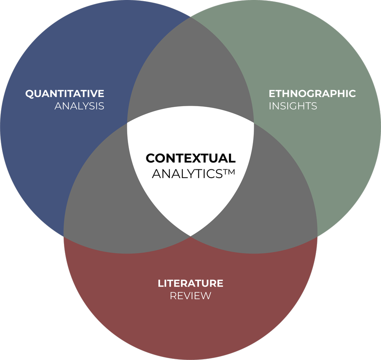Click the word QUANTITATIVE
click(x=65, y=94)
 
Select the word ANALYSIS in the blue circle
click(x=79, y=106)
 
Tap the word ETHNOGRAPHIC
click(x=312, y=94)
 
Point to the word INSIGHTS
click(x=293, y=106)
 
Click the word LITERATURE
click(x=190, y=284)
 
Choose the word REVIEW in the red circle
click(x=190, y=296)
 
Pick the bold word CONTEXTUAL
click(x=190, y=158)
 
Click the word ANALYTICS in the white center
click(x=187, y=174)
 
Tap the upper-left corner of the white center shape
click(x=128, y=123)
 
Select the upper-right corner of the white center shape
click(x=253, y=123)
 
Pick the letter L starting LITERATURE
click(x=160, y=284)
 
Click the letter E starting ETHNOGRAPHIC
click(x=272, y=94)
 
